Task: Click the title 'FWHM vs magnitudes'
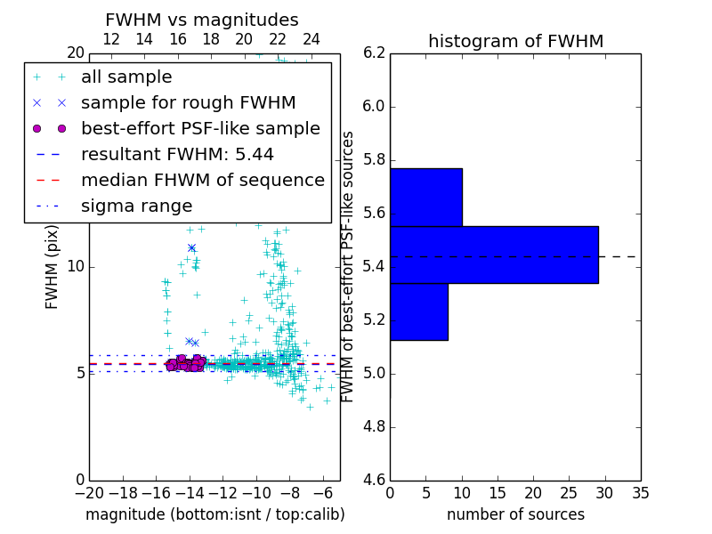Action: (202, 20)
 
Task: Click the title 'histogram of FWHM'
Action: (515, 41)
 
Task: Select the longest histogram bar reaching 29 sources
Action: (494, 255)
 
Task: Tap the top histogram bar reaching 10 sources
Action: (425, 197)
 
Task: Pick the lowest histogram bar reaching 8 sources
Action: (418, 311)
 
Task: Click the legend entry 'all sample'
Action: (126, 77)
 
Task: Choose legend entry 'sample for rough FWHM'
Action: (188, 102)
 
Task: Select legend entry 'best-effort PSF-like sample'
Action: (200, 128)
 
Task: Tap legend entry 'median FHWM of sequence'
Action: (202, 180)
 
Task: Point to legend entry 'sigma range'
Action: (136, 206)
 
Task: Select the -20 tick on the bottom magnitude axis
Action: (89, 493)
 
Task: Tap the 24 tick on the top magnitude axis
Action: (311, 39)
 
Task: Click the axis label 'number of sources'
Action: (515, 514)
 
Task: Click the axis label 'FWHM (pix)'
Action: (53, 266)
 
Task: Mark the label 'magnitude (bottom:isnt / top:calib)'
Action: (214, 514)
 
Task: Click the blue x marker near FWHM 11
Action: (191, 247)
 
